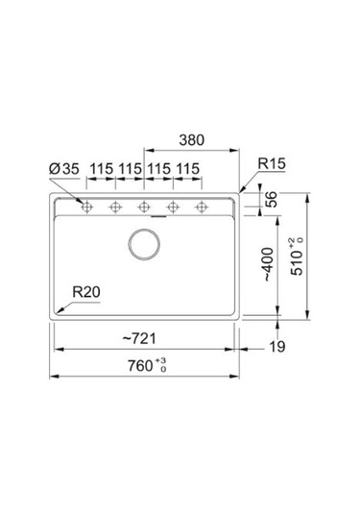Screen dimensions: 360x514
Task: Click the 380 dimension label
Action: pyautogui.click(x=192, y=140)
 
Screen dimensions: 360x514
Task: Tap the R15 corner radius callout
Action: pyautogui.click(x=272, y=163)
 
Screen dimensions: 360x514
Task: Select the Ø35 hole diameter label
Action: pyautogui.click(x=64, y=169)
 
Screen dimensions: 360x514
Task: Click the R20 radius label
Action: pyautogui.click(x=86, y=292)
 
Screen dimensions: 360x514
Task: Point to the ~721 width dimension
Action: pyautogui.click(x=139, y=338)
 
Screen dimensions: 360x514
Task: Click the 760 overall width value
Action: pyautogui.click(x=140, y=366)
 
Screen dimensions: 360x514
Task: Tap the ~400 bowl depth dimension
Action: pyautogui.click(x=268, y=264)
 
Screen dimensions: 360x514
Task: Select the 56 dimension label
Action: pyautogui.click(x=271, y=199)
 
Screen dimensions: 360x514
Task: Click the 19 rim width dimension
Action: pyautogui.click(x=277, y=347)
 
